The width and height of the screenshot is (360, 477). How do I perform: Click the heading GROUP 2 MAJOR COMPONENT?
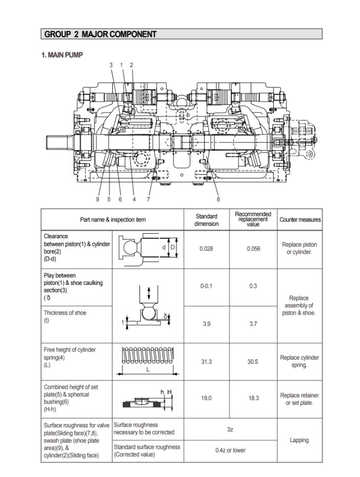[101, 34]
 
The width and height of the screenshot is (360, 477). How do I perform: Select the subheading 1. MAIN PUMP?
[62, 54]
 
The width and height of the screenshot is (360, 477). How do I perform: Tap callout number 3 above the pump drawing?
[111, 65]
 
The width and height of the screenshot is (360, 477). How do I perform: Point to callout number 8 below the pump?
[218, 199]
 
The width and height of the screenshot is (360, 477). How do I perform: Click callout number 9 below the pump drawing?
[97, 199]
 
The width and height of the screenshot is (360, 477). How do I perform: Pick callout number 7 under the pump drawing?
[148, 199]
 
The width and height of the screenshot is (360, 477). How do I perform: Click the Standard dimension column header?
[206, 220]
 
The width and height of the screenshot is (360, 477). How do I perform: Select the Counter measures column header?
[300, 220]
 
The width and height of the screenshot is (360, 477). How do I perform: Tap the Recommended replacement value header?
[253, 219]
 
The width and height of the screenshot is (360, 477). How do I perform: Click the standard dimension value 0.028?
[206, 248]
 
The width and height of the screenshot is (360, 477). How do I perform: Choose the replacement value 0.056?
[253, 248]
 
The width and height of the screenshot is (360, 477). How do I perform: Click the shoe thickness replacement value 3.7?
[253, 324]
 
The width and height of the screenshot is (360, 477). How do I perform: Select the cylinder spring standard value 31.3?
[206, 361]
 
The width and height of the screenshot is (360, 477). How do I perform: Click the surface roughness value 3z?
[230, 429]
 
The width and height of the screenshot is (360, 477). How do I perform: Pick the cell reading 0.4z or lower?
[230, 450]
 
